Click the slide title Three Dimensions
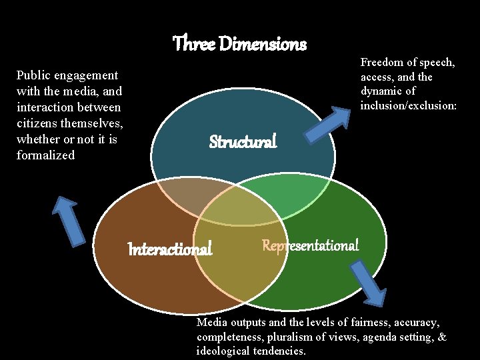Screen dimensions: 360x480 pos(239,45)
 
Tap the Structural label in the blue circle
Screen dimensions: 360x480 pos(243,142)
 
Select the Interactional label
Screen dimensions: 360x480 pos(170,249)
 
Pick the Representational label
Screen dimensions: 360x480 pos(310,245)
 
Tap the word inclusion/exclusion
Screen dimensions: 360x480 pos(409,105)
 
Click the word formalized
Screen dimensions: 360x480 pos(45,156)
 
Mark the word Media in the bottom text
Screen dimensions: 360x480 pos(211,323)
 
